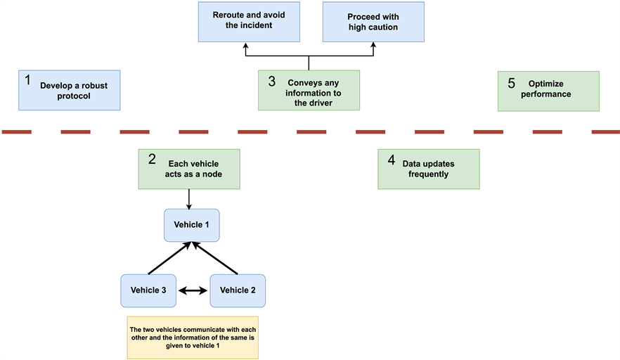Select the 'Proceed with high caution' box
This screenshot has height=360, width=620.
373,21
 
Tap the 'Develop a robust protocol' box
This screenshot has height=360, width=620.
70,90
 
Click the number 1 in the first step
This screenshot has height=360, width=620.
28,80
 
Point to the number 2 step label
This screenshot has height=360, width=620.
152,159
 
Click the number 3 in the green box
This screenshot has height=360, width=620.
271,81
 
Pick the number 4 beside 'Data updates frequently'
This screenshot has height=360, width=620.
391,160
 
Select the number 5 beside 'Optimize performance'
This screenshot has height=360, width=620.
511,82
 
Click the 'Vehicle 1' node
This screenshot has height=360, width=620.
191,226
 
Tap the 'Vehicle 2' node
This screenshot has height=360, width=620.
238,290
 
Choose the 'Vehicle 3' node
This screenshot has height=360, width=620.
148,290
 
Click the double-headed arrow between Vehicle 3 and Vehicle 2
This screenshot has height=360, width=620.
193,290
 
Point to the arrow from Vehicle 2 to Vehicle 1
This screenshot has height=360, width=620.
217,258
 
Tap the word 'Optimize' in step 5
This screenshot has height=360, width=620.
545,84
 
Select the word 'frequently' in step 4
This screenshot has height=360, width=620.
428,174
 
